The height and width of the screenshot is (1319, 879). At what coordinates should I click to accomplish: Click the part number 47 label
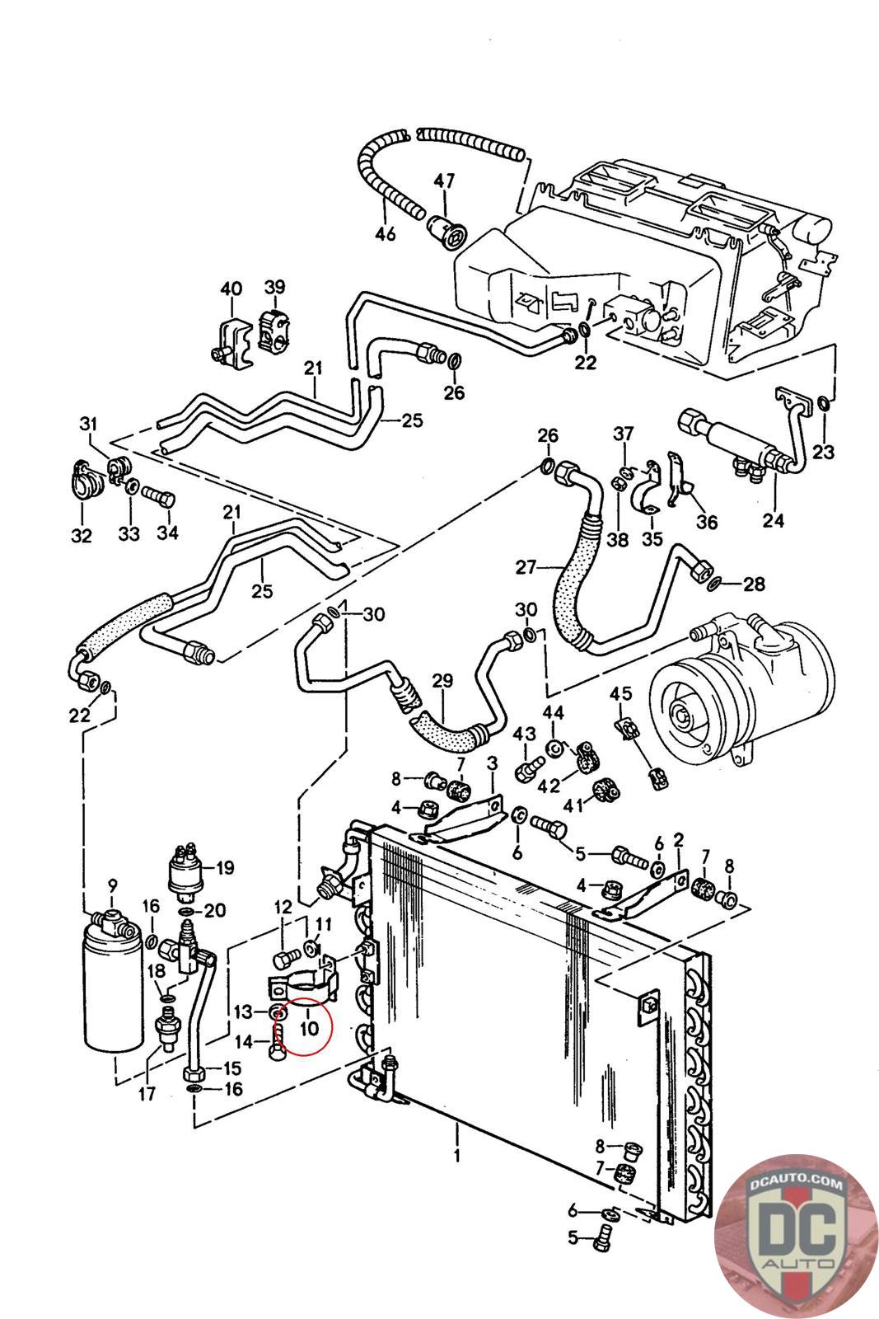[444, 181]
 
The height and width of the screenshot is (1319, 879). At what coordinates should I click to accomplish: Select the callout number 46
[386, 234]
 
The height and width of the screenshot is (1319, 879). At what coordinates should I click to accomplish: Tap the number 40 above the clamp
[231, 289]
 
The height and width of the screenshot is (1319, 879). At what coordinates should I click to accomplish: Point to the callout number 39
[274, 286]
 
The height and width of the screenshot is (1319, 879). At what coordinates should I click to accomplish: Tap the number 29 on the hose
[442, 680]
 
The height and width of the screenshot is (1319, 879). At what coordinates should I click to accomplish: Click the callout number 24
[774, 519]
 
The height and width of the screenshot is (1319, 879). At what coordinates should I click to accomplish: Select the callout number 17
[147, 1096]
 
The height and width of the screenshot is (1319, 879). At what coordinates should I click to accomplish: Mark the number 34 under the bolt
[167, 533]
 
